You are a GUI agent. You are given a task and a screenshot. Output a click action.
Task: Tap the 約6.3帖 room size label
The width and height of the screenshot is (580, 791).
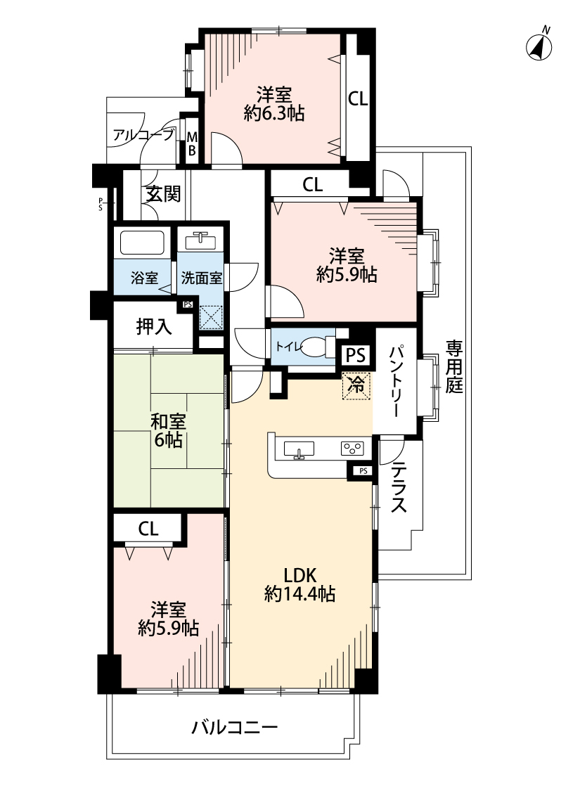tap(274, 113)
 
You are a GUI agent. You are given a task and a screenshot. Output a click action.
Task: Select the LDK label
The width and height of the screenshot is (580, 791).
tap(299, 573)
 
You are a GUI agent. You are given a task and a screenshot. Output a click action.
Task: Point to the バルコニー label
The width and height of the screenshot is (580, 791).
tap(236, 727)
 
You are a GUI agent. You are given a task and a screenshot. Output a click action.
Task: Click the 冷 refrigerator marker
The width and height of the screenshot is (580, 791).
tap(356, 385)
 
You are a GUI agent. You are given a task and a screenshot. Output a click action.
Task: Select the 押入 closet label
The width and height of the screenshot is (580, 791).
tap(153, 326)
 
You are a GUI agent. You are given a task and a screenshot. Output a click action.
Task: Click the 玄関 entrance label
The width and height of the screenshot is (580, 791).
tap(163, 193)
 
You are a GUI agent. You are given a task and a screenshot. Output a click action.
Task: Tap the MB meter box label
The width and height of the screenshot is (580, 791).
tap(191, 143)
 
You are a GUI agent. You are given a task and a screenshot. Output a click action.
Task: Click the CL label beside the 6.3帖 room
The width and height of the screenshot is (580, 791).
tap(357, 99)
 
